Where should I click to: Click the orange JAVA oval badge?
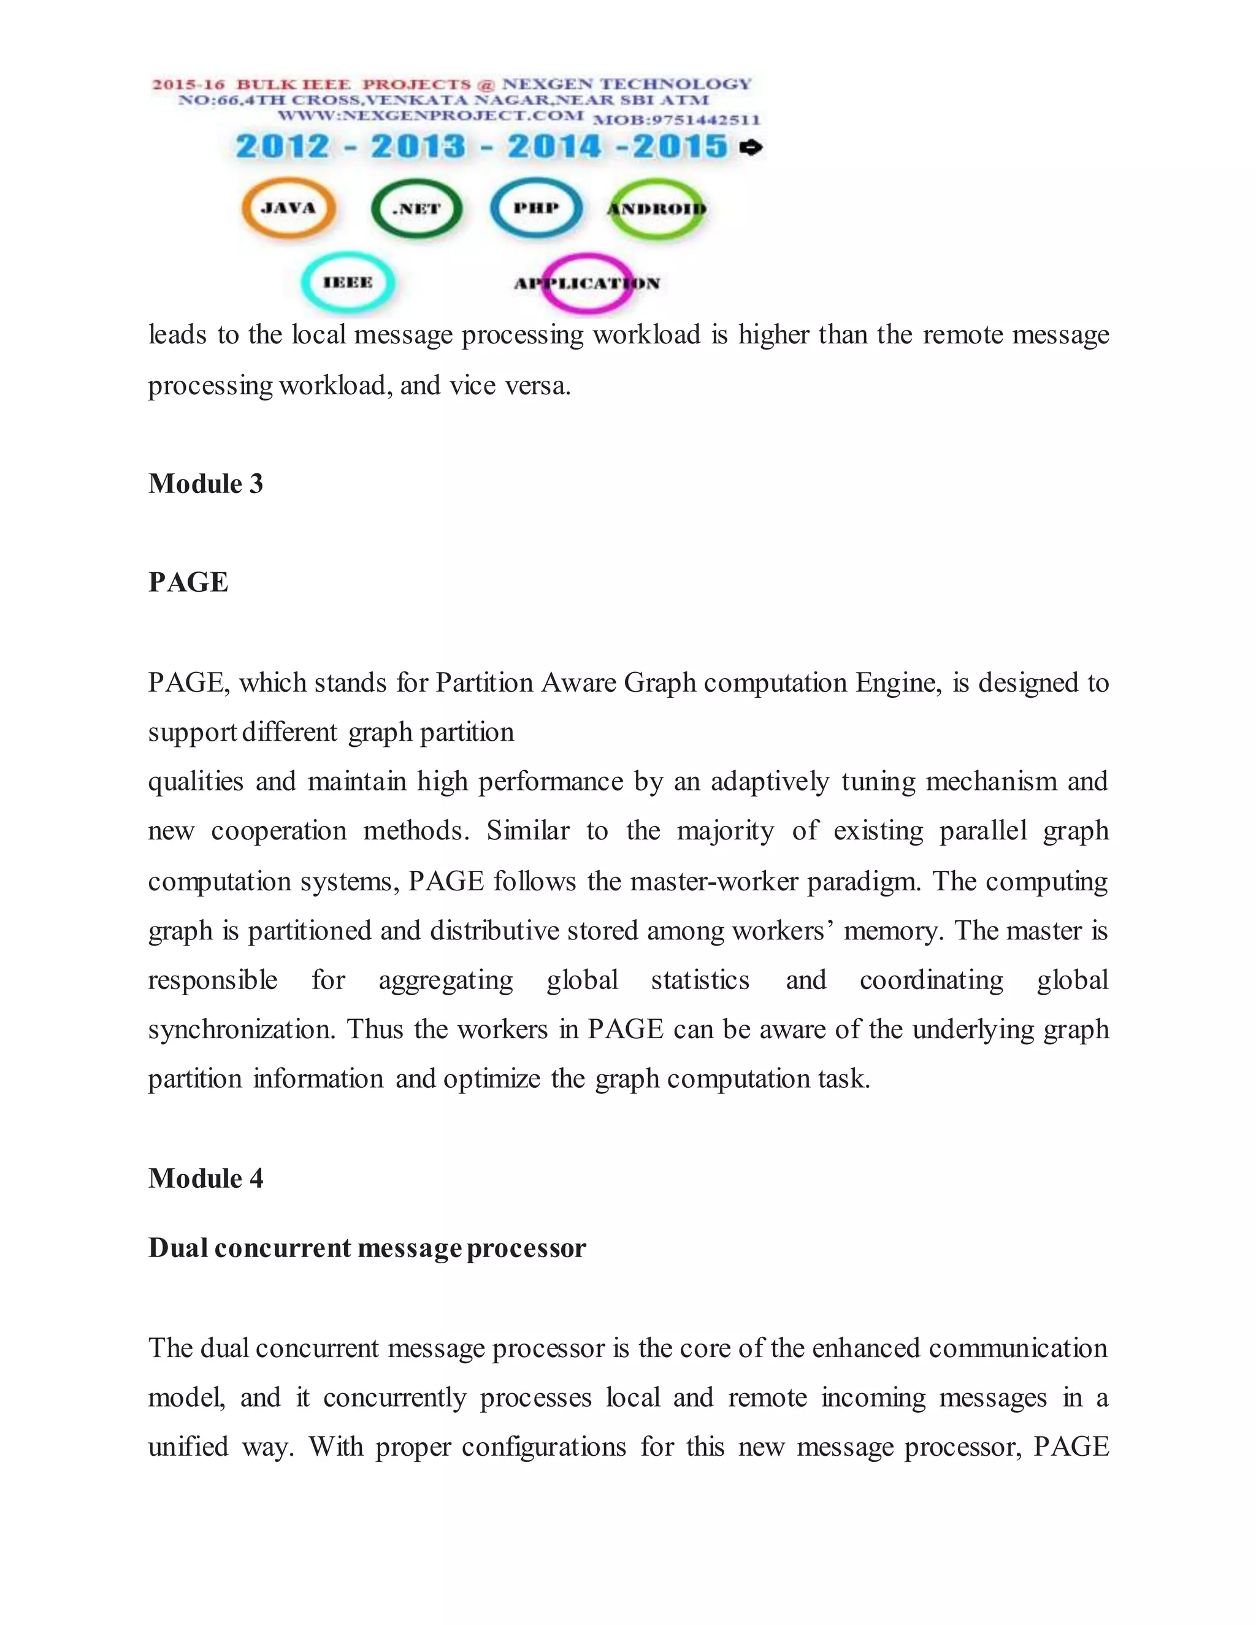point(289,208)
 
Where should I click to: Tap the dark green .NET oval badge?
point(416,209)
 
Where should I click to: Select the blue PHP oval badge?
point(536,208)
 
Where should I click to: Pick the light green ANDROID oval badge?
point(656,209)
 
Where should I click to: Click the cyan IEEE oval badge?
point(348,283)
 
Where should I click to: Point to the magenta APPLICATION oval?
point(587,283)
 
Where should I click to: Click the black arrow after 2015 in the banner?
point(751,147)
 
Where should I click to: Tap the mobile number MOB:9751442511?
point(676,120)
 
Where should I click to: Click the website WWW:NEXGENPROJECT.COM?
point(430,115)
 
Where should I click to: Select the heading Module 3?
point(205,484)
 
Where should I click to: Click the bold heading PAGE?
point(188,583)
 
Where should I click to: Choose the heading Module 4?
point(205,1179)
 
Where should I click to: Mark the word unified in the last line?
point(188,1447)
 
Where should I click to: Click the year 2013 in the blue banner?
point(418,146)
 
